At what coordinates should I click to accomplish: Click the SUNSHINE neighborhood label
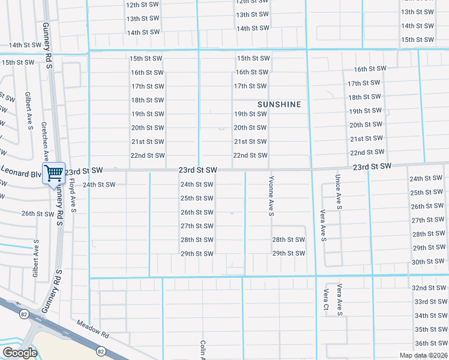coord(279,104)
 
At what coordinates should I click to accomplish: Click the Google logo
coord(20,353)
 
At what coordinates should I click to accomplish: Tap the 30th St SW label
coord(427,262)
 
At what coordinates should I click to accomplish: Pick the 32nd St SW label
coord(427,288)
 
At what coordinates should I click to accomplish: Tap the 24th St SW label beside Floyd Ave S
coord(99,185)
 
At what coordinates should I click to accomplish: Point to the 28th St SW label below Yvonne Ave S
coord(288,240)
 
